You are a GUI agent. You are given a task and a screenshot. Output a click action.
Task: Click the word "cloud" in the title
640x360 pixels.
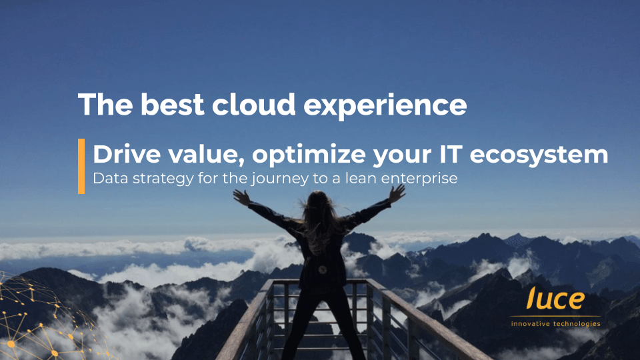tap(253, 105)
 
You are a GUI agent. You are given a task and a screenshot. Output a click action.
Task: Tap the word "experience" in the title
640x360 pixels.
tap(385, 107)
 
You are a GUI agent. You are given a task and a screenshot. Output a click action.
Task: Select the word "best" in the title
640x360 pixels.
tap(172, 105)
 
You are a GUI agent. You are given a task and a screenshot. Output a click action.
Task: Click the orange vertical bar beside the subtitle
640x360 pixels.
tap(81, 166)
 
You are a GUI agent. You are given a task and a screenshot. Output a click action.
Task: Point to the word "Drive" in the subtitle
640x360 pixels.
tap(127, 154)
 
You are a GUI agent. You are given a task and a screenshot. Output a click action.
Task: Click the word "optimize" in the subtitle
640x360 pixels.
tap(309, 155)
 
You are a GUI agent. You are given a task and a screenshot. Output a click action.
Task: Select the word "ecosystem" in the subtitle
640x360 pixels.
tap(539, 155)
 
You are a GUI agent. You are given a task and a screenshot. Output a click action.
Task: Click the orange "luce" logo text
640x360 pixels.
tap(555, 298)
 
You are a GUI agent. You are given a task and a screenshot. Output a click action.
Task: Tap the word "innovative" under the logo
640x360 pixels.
tap(529, 324)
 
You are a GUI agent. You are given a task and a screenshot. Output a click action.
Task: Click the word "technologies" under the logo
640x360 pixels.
tap(576, 324)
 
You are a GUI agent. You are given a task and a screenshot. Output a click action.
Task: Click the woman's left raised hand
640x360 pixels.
tap(241, 197)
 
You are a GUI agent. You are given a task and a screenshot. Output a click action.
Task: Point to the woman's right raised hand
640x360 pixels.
tap(397, 193)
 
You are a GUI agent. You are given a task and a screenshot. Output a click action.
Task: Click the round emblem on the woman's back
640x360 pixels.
tap(323, 270)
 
